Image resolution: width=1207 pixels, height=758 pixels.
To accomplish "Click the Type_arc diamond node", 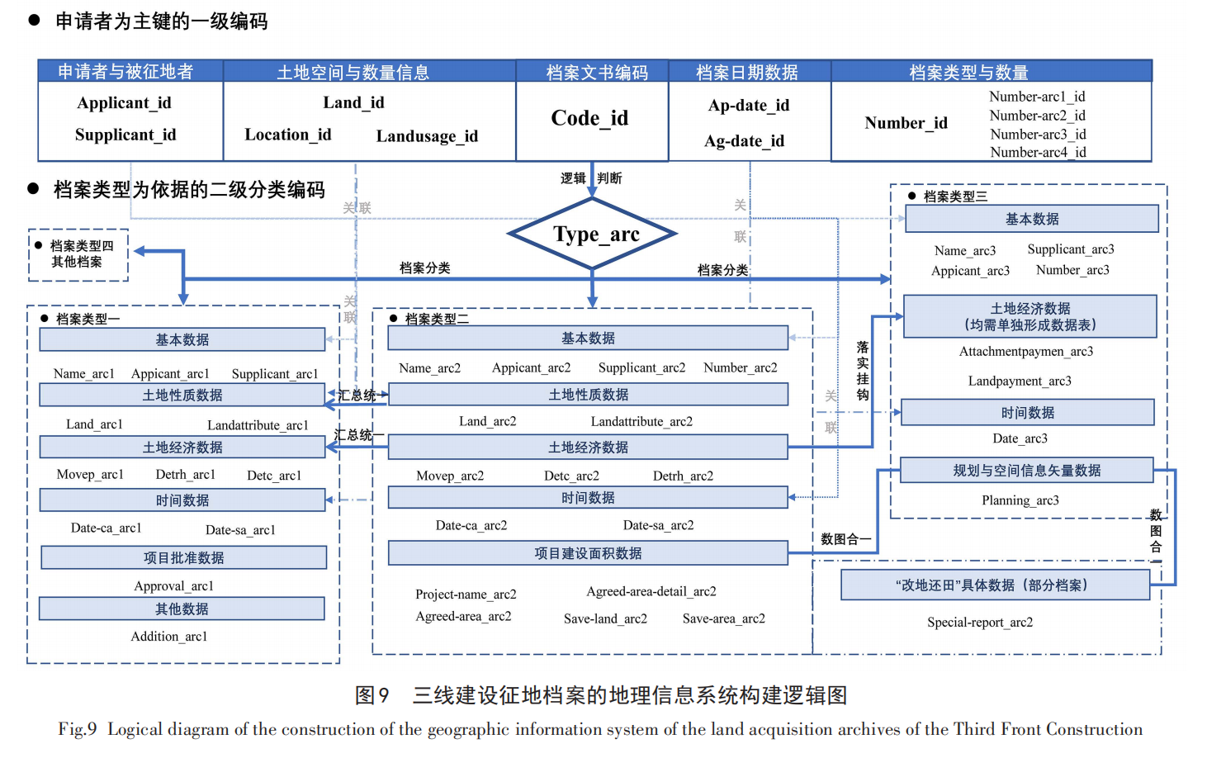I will click(592, 234).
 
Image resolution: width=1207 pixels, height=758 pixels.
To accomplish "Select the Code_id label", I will click(589, 118).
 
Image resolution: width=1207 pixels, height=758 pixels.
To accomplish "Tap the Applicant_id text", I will click(124, 103).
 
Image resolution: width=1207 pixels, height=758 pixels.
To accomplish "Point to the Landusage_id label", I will click(427, 136).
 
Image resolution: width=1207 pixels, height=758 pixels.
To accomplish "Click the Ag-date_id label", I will click(744, 141).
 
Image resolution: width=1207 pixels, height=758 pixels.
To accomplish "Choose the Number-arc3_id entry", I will click(1038, 134).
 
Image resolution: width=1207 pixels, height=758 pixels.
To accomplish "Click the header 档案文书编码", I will click(597, 73).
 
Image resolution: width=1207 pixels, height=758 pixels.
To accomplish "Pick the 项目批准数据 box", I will click(183, 557).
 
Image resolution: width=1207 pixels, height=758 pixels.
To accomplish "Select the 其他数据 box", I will click(182, 609).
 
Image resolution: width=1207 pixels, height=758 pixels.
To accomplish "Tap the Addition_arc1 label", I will click(168, 637).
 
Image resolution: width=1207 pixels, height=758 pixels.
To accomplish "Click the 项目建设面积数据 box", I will click(588, 553).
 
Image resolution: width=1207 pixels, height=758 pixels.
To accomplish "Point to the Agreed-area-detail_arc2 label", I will click(651, 591).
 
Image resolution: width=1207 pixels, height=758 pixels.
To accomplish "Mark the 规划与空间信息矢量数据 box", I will click(1026, 471).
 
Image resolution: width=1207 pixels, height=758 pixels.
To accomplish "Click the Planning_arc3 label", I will click(1020, 500).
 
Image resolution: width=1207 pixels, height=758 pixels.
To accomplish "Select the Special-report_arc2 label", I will click(979, 623).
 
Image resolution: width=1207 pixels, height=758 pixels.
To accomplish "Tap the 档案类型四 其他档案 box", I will click(78, 254).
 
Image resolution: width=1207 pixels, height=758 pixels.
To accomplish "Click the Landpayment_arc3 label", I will click(1020, 381).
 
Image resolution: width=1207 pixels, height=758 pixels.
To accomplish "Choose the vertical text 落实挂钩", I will click(862, 371).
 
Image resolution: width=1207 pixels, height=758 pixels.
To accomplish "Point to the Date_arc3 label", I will click(1020, 438).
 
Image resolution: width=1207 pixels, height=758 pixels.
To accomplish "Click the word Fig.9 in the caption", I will click(78, 729).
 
